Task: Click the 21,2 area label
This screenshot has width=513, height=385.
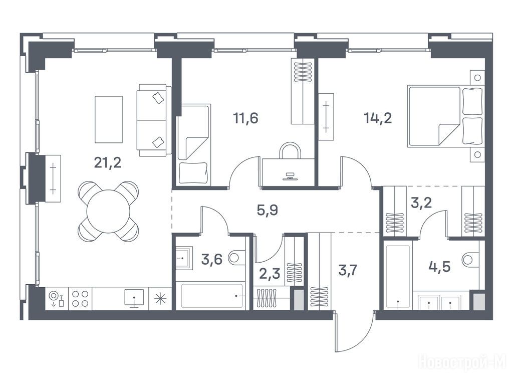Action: pos(108,162)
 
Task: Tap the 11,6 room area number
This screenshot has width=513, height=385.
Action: pos(245,118)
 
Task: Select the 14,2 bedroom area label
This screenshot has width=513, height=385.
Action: pos(378,118)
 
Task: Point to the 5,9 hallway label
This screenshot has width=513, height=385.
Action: pos(268,210)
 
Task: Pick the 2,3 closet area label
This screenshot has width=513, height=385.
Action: pos(270,273)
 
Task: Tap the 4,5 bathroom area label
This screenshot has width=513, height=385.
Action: pos(439,267)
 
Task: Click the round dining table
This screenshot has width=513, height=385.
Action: pos(108,212)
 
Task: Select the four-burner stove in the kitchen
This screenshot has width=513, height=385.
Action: pos(80,299)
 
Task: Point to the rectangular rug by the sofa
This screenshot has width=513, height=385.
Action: pos(109,119)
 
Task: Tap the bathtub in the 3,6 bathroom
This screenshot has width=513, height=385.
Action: pos(212,296)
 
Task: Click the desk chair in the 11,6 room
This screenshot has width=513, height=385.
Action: pos(289,150)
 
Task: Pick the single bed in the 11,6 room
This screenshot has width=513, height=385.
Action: pos(193,144)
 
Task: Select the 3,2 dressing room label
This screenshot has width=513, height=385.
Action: pos(421,203)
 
